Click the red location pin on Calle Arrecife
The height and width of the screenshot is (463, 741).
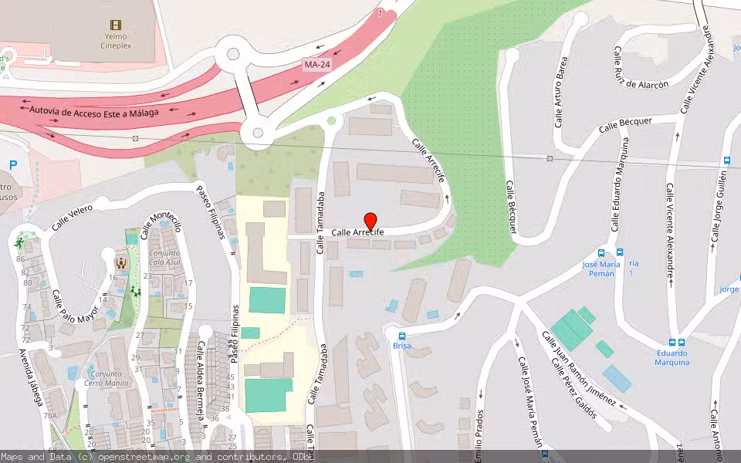370,221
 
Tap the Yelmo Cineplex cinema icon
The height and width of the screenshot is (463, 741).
117,25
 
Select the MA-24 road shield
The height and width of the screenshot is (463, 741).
317,66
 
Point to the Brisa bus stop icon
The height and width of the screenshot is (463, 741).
401,336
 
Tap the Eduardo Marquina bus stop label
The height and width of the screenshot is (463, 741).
672,358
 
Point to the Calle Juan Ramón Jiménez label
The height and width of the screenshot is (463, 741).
578,370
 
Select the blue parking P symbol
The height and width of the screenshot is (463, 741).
13,164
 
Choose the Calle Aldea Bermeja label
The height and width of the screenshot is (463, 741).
199,382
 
